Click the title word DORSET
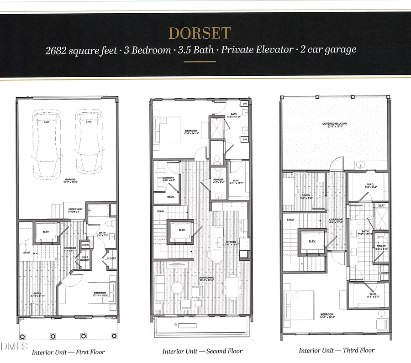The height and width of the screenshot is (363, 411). click(199, 33)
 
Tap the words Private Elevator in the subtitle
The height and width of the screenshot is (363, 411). click(257, 50)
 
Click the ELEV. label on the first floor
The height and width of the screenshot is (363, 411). click(45, 231)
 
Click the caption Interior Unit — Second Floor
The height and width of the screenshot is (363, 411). click(202, 351)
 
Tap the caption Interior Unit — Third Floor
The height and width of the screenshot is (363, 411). click(337, 350)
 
